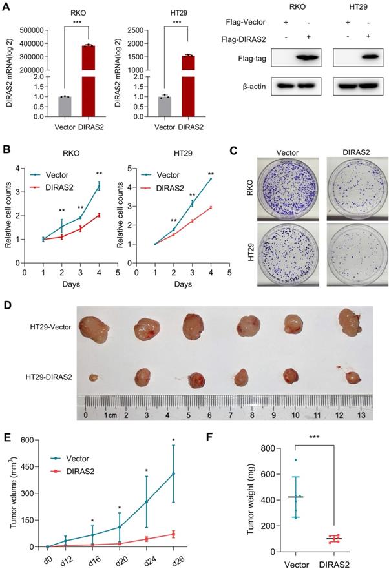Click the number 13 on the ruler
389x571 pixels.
click(x=361, y=414)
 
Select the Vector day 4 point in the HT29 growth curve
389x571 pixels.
click(x=211, y=178)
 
